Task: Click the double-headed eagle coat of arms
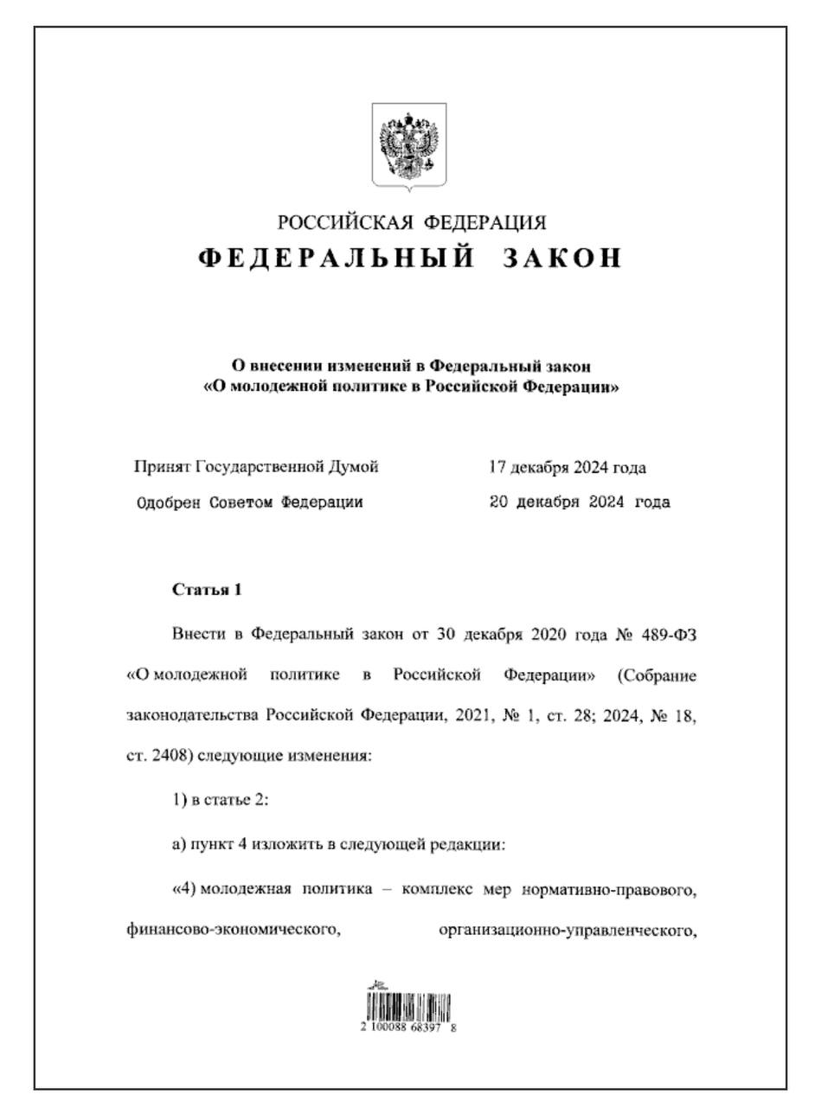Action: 409,144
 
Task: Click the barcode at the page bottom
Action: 409,1006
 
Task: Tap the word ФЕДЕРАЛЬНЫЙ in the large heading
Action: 336,258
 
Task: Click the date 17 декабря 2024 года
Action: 568,468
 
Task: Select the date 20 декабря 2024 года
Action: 580,502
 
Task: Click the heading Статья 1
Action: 207,590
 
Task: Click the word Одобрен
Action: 169,502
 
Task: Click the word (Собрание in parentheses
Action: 657,674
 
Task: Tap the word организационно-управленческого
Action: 568,931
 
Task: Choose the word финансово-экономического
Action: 231,931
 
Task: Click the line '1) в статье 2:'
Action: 221,800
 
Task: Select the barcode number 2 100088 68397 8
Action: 409,1028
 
